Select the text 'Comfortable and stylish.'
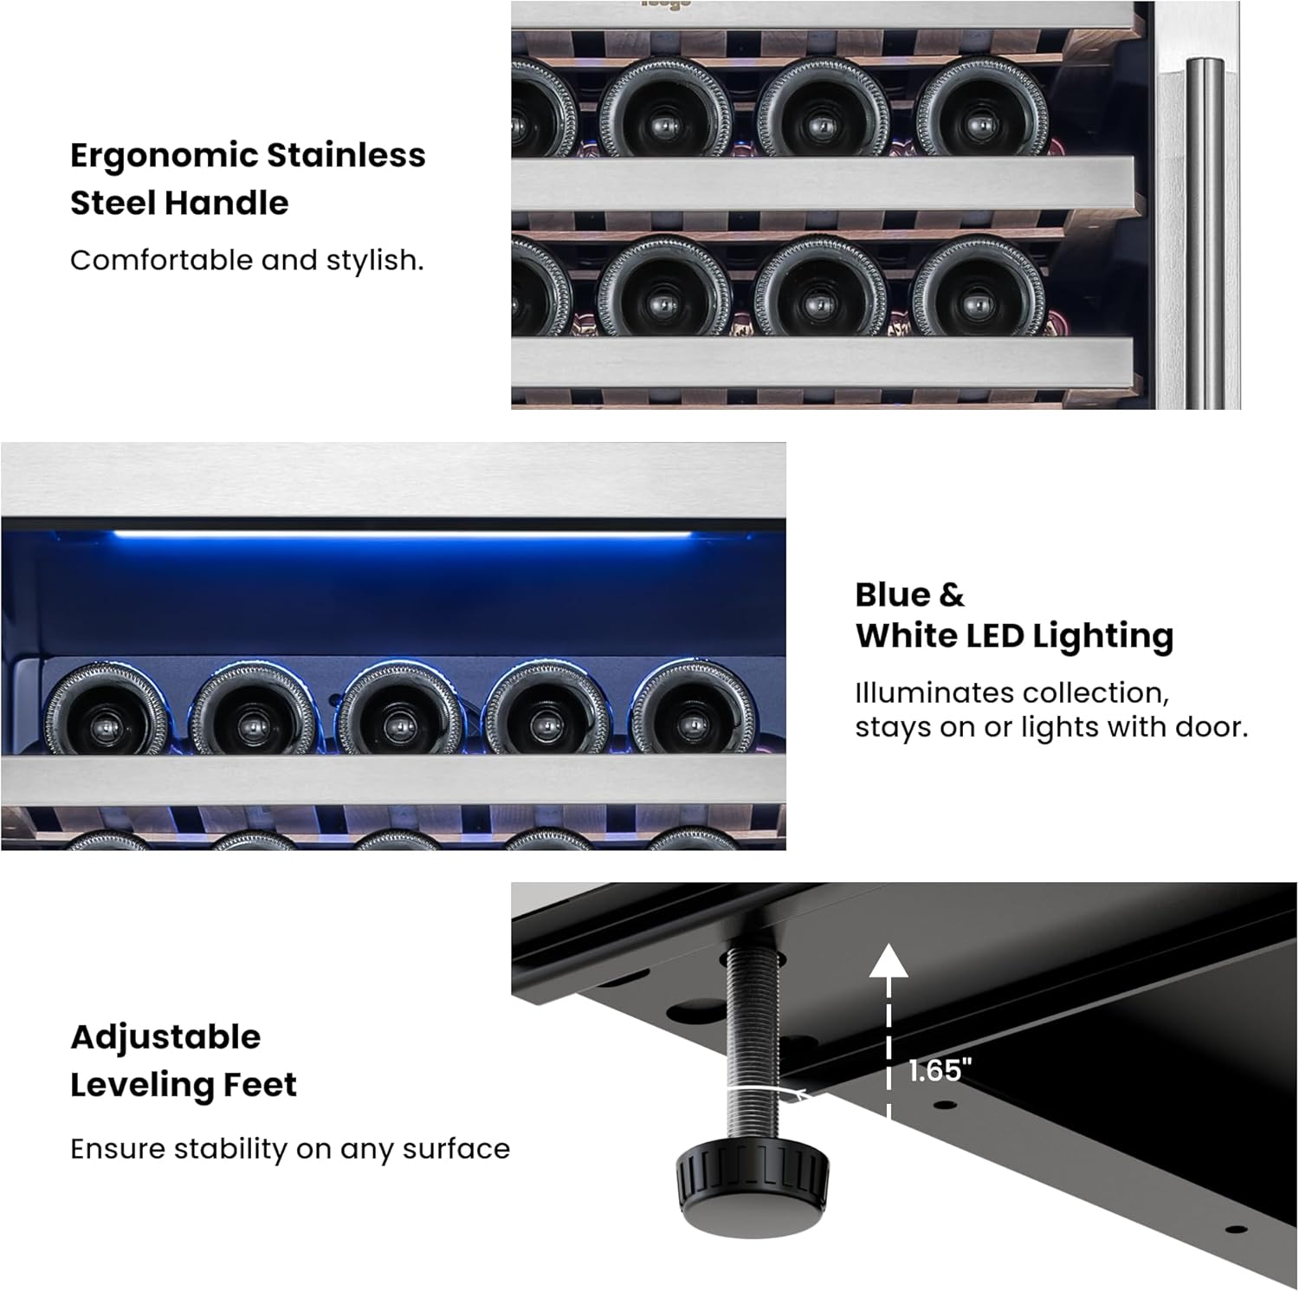(x=247, y=260)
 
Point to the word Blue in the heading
(x=891, y=594)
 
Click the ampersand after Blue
(x=951, y=595)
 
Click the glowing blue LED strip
(x=403, y=536)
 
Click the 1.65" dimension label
(x=940, y=1071)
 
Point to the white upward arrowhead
(x=889, y=960)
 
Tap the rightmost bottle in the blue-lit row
(x=693, y=710)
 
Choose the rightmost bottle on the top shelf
(x=981, y=110)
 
